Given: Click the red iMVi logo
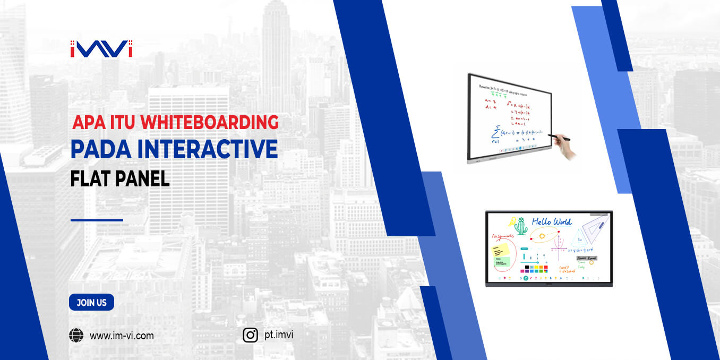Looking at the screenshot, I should click(x=101, y=48).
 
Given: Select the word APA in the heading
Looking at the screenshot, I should click(x=86, y=123).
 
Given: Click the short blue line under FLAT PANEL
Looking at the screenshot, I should click(x=97, y=220).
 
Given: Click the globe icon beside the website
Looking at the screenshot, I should click(x=76, y=335).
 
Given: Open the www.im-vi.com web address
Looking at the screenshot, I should click(x=122, y=336).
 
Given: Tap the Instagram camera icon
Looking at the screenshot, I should click(x=251, y=335).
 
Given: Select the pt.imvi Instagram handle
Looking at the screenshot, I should click(x=278, y=335).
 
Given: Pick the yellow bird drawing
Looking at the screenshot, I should click(x=511, y=221).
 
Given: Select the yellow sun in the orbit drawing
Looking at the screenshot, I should click(x=542, y=236).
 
